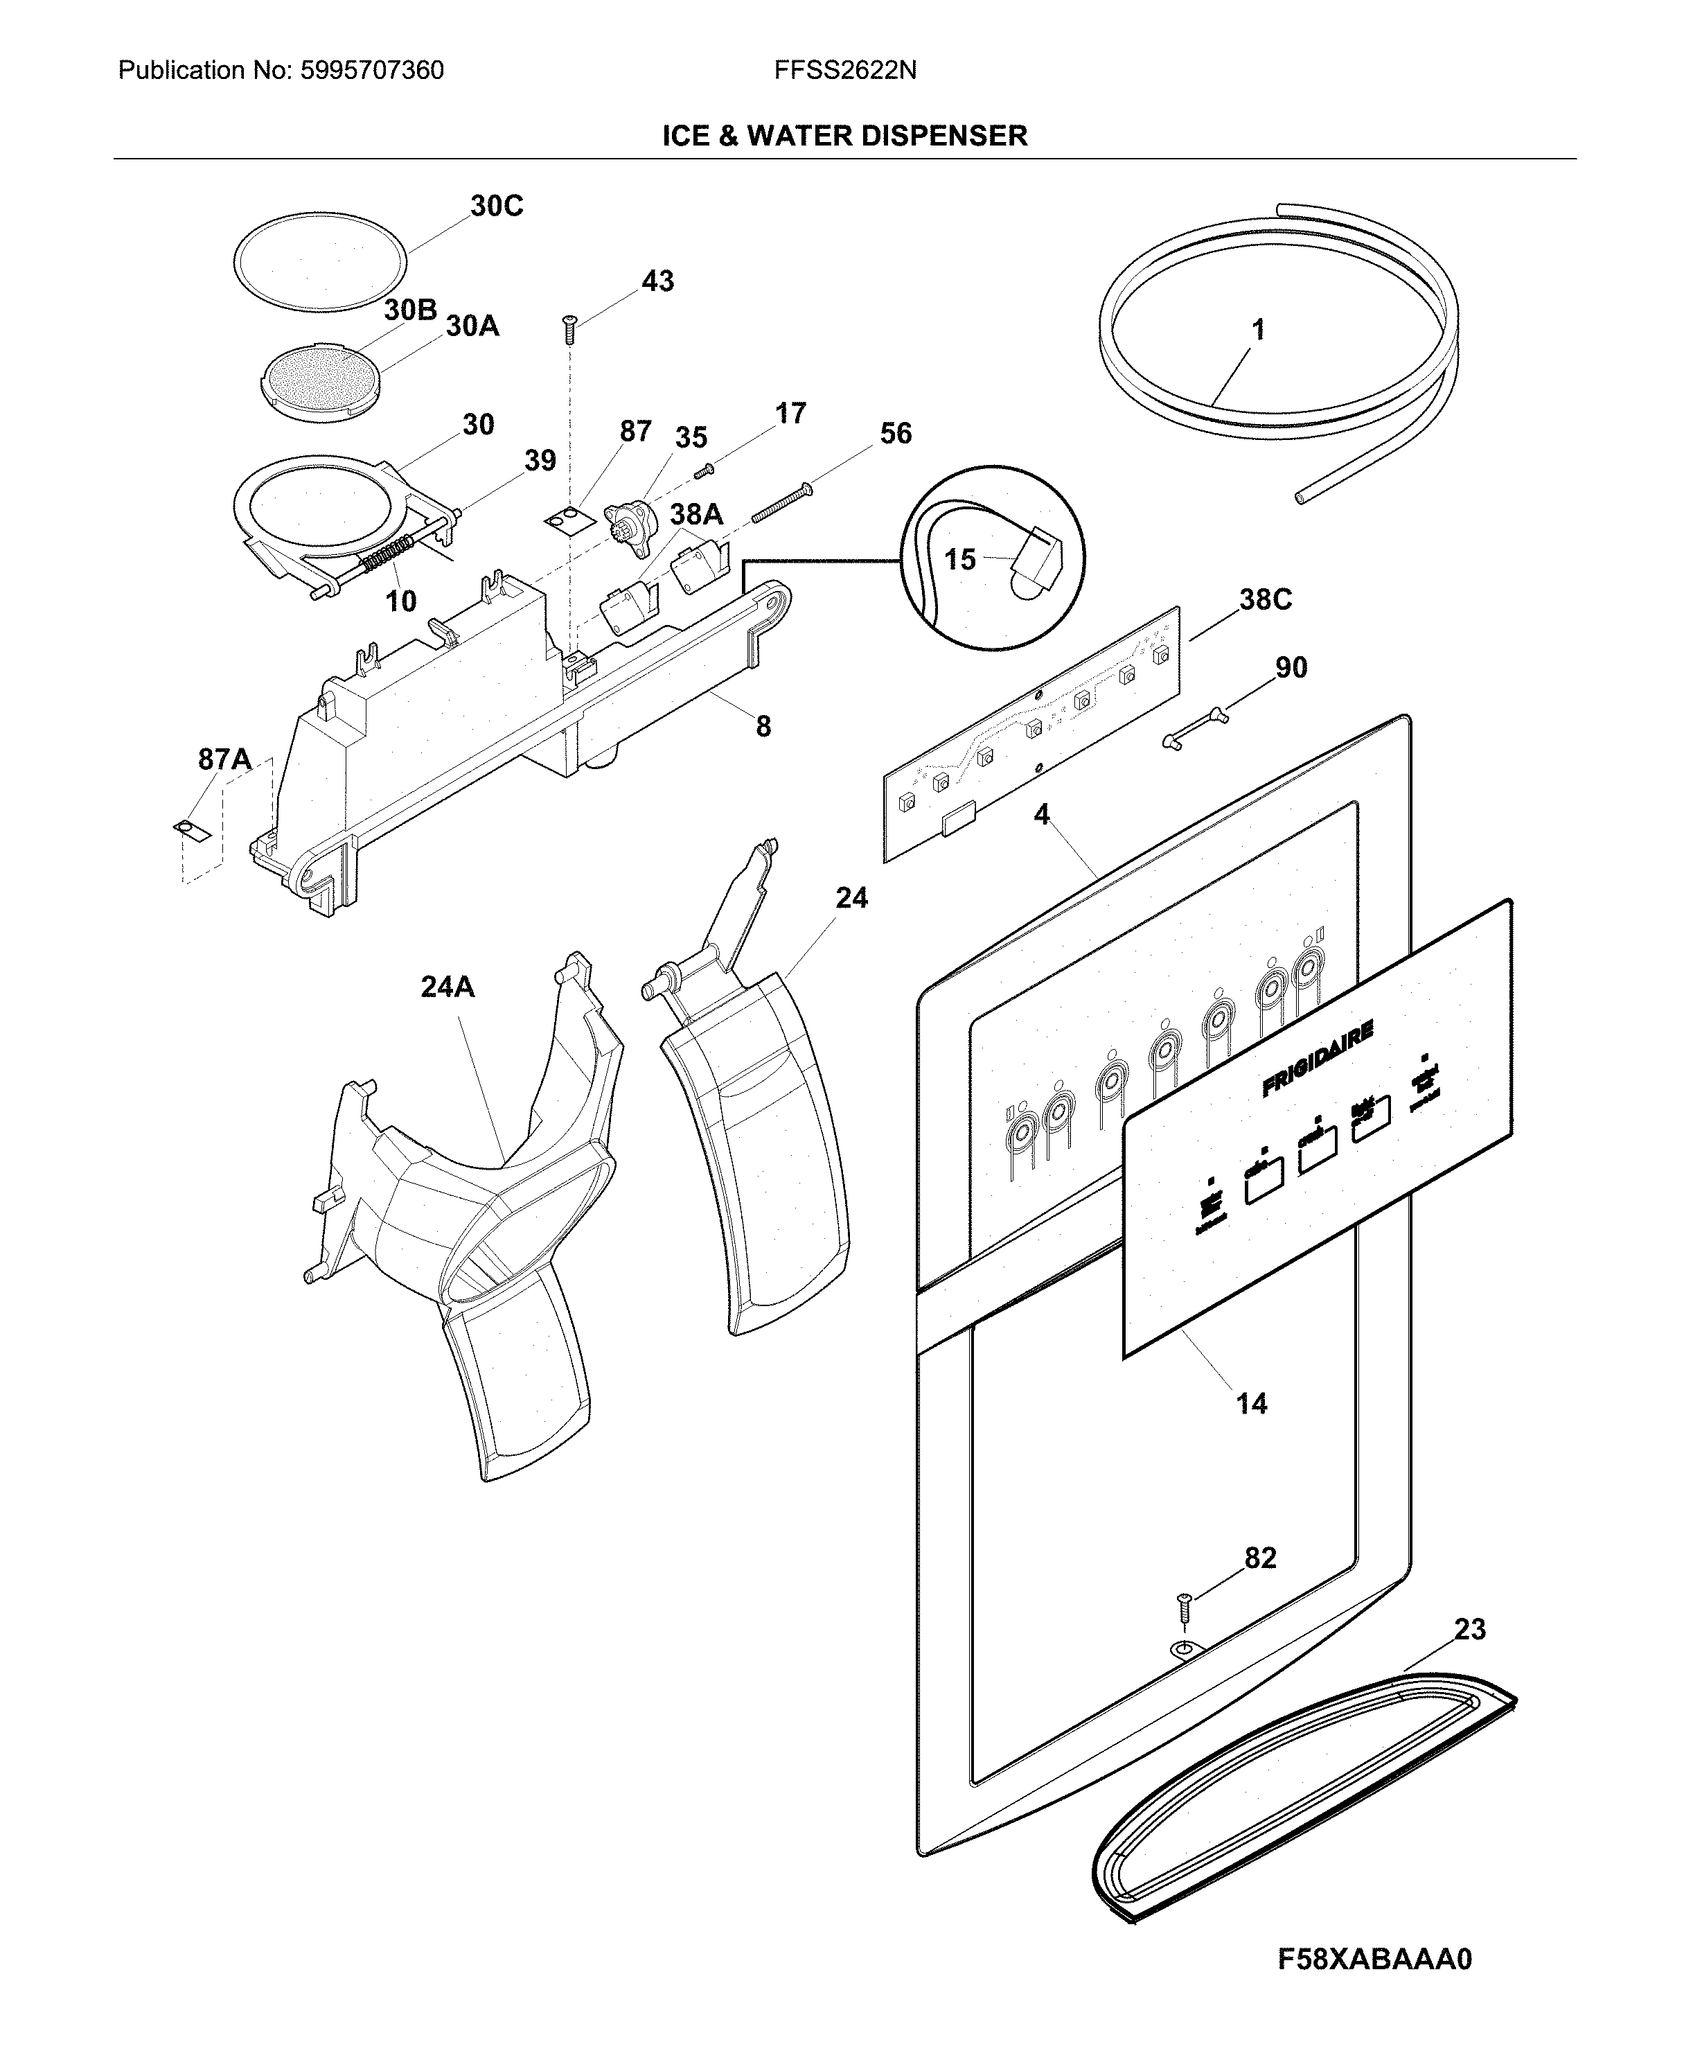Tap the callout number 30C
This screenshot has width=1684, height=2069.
tap(497, 206)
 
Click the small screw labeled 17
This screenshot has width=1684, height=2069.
tap(705, 470)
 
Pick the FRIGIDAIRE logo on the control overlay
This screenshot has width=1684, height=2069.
tap(1318, 1059)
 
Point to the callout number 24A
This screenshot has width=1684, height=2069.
tap(447, 987)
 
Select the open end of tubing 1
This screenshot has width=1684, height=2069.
tap(1300, 496)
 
